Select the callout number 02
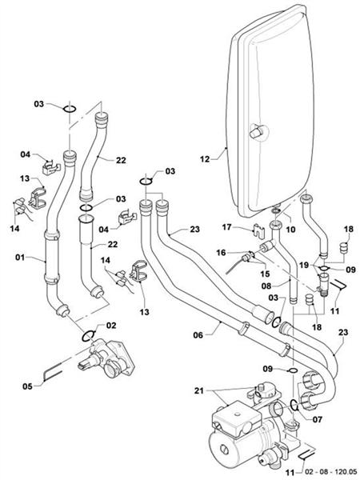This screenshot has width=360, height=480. click(111, 325)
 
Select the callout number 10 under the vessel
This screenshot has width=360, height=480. click(290, 230)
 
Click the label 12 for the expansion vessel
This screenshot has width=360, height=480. click(205, 159)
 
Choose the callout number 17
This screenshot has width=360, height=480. click(226, 226)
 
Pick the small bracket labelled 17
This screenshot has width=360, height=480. click(257, 230)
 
